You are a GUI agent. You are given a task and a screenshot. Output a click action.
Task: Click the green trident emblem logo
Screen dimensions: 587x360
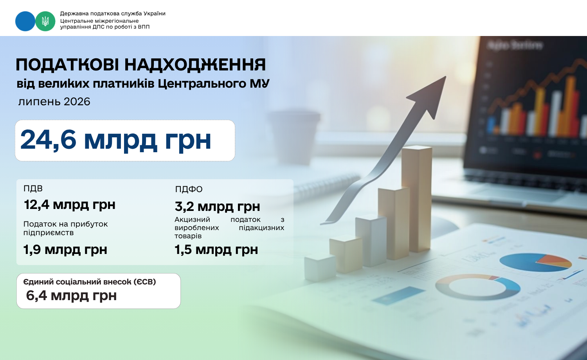(45, 21)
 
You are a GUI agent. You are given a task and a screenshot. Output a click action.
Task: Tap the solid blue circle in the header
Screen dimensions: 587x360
(25, 21)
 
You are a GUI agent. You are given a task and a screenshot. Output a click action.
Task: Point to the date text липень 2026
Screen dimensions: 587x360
(54, 102)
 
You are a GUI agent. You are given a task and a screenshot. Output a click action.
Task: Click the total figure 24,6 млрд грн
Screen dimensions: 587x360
(115, 140)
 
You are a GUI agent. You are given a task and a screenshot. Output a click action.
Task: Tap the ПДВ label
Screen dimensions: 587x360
(33, 188)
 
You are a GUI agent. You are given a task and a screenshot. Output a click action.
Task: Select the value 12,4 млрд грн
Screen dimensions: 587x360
(69, 205)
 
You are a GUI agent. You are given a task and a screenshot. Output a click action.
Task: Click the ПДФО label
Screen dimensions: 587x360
(189, 189)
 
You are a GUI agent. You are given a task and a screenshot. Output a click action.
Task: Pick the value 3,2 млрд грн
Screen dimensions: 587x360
(217, 207)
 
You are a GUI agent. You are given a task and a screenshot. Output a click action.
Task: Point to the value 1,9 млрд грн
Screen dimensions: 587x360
(65, 250)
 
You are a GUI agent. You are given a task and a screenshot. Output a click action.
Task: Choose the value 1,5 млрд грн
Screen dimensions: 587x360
(216, 250)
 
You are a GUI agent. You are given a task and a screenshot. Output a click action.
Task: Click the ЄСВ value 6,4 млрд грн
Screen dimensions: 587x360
(71, 296)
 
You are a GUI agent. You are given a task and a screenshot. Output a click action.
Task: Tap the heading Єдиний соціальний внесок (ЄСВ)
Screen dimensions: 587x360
(90, 282)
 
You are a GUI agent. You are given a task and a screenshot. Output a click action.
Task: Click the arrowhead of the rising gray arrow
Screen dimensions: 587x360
(430, 95)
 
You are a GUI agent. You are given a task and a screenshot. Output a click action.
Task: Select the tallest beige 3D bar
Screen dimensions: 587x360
(417, 199)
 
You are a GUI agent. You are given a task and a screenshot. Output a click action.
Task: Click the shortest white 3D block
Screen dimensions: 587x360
(320, 268)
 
